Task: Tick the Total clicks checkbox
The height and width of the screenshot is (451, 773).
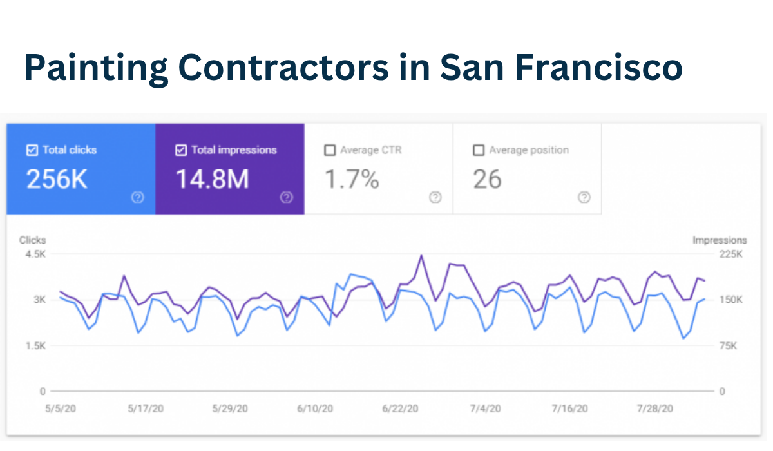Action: click(32, 150)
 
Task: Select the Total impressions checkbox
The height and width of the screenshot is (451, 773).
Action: click(181, 150)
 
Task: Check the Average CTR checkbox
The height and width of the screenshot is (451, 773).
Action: click(330, 150)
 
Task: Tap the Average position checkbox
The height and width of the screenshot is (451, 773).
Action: click(479, 150)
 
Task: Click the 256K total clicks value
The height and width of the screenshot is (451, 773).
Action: click(57, 180)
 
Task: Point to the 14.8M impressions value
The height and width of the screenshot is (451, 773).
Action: click(212, 180)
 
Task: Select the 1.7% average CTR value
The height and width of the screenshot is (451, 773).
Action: click(351, 180)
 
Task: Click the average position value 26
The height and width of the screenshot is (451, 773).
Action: click(487, 180)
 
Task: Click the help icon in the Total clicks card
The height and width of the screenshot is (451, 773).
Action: click(137, 197)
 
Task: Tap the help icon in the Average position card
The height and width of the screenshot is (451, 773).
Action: click(584, 197)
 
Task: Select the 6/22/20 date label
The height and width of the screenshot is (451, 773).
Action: click(400, 408)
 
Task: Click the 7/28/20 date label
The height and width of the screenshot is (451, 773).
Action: click(654, 408)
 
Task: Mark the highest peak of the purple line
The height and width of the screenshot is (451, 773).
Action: click(421, 256)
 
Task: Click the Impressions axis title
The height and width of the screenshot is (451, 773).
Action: click(720, 240)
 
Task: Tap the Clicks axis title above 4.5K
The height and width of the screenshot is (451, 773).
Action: click(32, 240)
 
